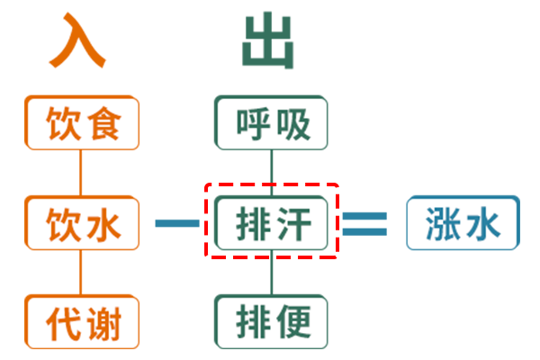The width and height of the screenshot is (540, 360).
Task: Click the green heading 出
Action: [x=269, y=41]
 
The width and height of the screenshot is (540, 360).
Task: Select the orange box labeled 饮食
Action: [x=82, y=123]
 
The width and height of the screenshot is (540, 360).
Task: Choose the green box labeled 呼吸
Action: [x=272, y=123]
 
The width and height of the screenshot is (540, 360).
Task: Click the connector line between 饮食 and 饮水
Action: [x=81, y=173]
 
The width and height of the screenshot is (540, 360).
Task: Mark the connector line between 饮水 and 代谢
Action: [x=81, y=272]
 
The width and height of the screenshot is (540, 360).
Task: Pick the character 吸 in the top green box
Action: [x=294, y=123]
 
